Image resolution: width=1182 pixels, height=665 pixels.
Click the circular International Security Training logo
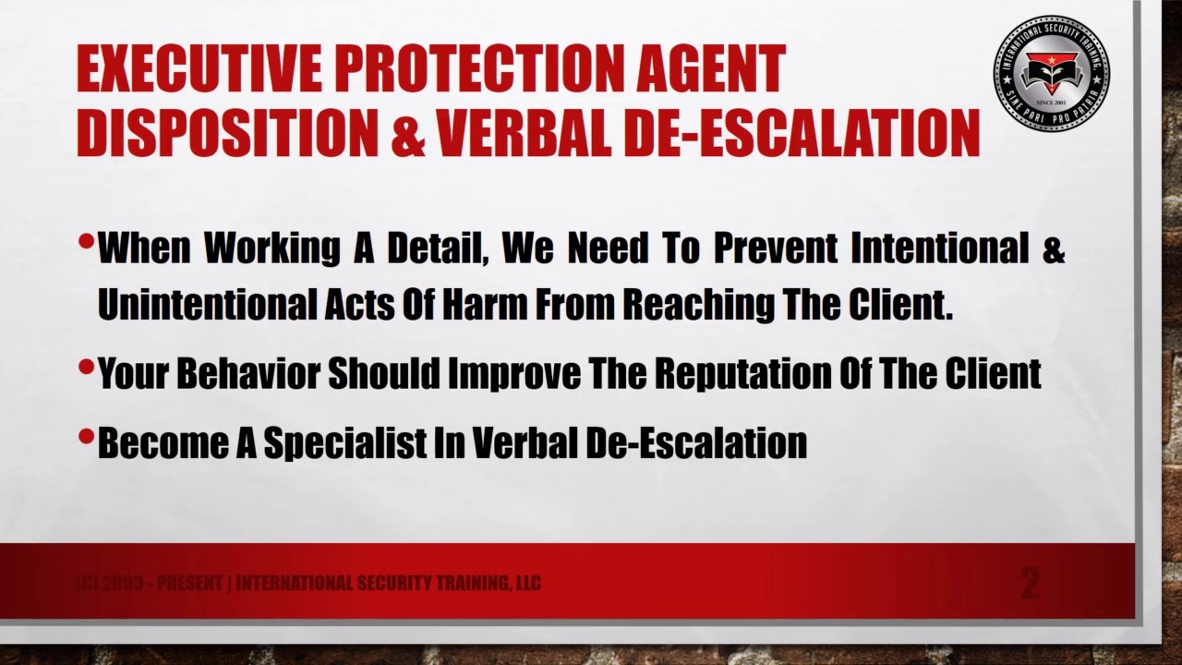pos(1051,72)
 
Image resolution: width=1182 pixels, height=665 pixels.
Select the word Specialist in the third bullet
pos(343,442)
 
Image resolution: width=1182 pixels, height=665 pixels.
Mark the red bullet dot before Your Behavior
pos(86,368)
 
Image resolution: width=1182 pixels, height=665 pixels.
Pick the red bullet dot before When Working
pos(86,243)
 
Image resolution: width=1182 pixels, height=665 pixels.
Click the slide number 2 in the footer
pos(1030,584)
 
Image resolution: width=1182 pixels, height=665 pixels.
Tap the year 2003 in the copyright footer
pos(122,583)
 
